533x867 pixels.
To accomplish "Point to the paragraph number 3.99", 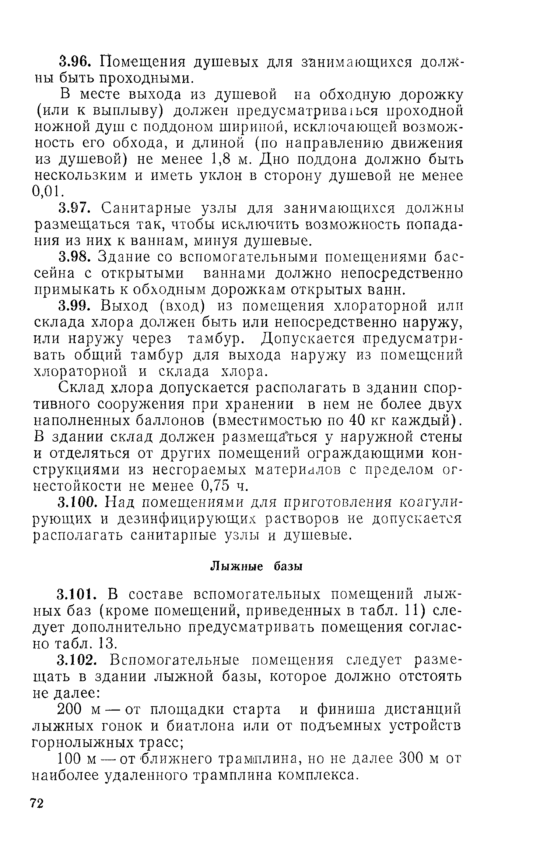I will coord(76,306).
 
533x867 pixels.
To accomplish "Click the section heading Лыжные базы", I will coord(256,567).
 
